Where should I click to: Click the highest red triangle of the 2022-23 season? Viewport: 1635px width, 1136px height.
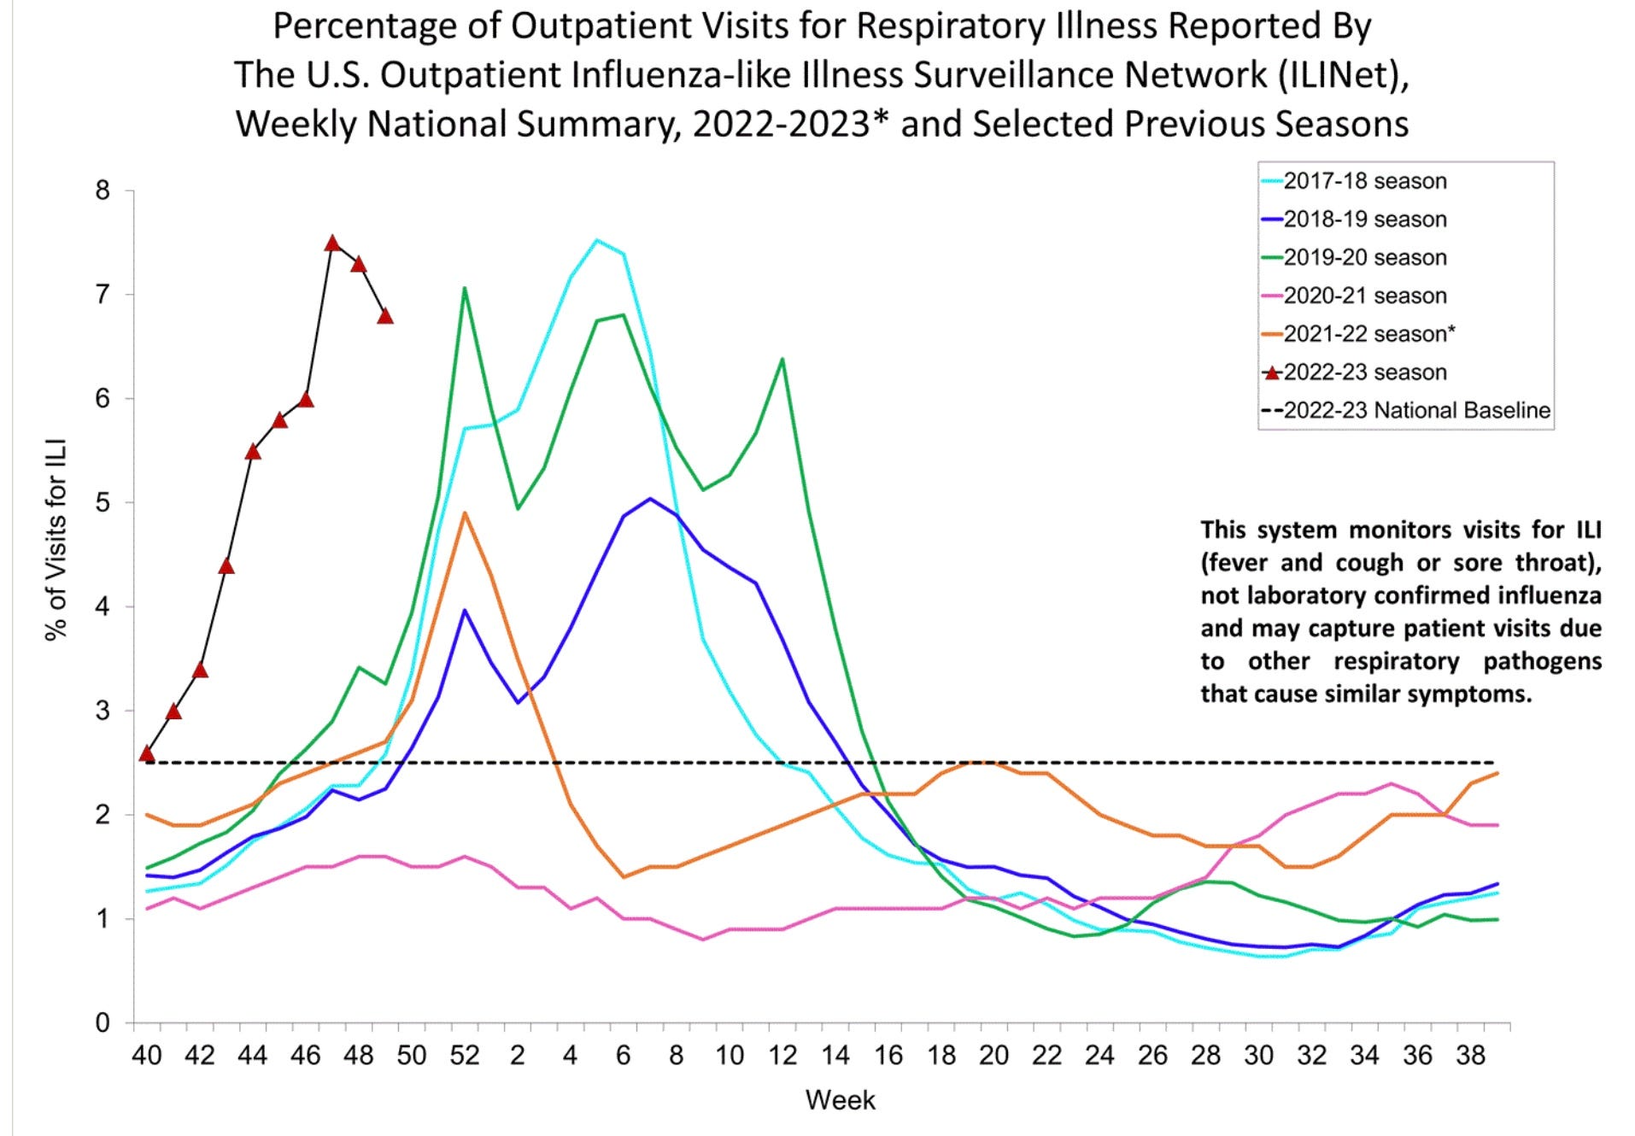332,243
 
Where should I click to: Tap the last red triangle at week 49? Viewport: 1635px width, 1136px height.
385,316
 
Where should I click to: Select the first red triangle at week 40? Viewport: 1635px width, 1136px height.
147,753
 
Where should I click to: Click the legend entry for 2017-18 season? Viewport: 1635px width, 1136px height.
1364,181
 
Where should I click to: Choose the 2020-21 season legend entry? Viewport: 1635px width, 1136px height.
1364,296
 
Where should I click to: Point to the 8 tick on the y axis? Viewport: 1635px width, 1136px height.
103,190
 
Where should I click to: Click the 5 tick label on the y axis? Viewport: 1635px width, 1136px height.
103,502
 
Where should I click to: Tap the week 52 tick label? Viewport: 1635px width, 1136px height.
464,1056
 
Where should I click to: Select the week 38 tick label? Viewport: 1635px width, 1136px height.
1470,1056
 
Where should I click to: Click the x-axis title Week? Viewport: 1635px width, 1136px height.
840,1100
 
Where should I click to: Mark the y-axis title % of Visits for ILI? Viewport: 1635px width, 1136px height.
56,540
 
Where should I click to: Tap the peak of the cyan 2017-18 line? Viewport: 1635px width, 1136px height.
597,240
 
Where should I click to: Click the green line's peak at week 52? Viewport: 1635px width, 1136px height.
464,288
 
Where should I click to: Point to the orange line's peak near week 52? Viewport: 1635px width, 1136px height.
464,512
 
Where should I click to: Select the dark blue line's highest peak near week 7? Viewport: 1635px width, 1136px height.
650,498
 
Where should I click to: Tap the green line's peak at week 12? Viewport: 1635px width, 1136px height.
782,359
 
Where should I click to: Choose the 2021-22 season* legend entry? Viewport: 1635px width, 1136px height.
1368,334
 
